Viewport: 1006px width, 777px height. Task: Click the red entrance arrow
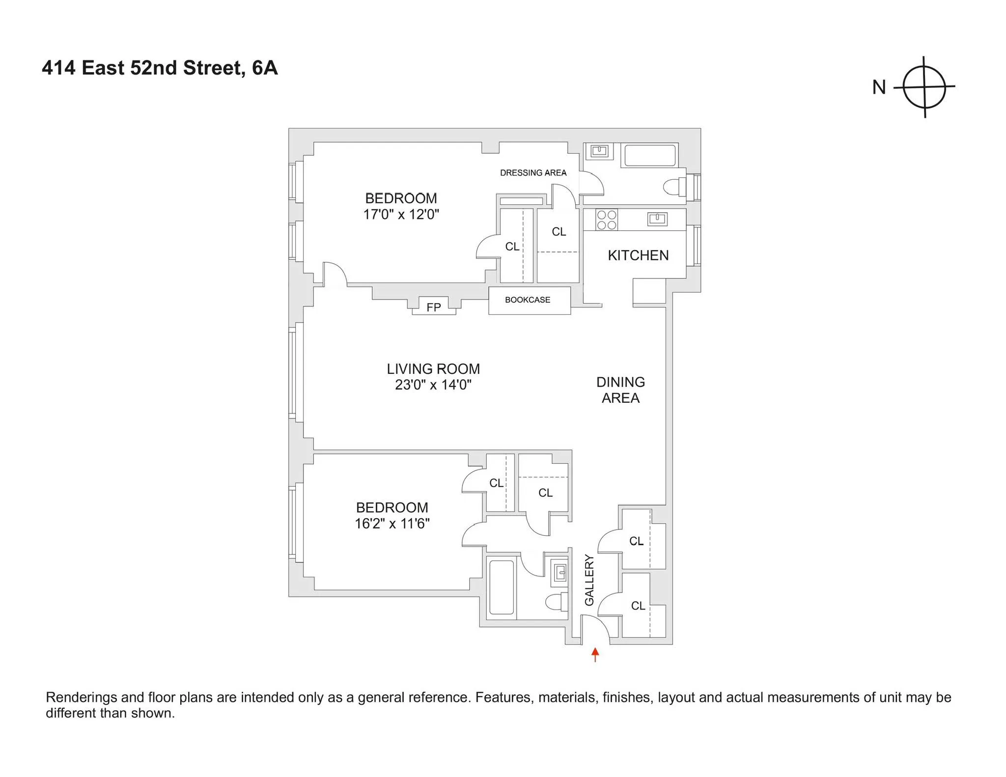[x=595, y=654]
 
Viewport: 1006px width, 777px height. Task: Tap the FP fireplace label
[x=433, y=307]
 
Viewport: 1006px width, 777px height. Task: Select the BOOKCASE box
[x=529, y=300]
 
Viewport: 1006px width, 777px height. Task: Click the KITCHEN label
[x=638, y=255]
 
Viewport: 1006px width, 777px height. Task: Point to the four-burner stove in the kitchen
[x=606, y=220]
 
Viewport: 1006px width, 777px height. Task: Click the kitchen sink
[x=657, y=219]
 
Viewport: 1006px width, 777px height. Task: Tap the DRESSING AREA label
[x=533, y=173]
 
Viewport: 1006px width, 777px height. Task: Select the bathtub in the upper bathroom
[x=649, y=155]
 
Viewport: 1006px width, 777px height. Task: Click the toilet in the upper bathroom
[x=673, y=187]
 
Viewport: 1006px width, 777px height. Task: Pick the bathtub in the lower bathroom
[x=501, y=587]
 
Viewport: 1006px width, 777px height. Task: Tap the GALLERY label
[x=589, y=580]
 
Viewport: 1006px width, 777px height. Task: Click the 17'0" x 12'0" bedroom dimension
[x=401, y=215]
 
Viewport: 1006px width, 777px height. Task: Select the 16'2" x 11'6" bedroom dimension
[x=392, y=524]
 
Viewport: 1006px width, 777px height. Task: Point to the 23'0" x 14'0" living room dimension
[x=433, y=385]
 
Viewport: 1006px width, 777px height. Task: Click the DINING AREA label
[x=620, y=390]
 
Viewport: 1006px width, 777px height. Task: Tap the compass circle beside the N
[x=924, y=87]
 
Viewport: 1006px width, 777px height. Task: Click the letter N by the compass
[x=879, y=87]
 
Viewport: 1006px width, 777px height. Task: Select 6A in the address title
[x=265, y=68]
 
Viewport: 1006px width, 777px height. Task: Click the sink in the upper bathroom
[x=599, y=151]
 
